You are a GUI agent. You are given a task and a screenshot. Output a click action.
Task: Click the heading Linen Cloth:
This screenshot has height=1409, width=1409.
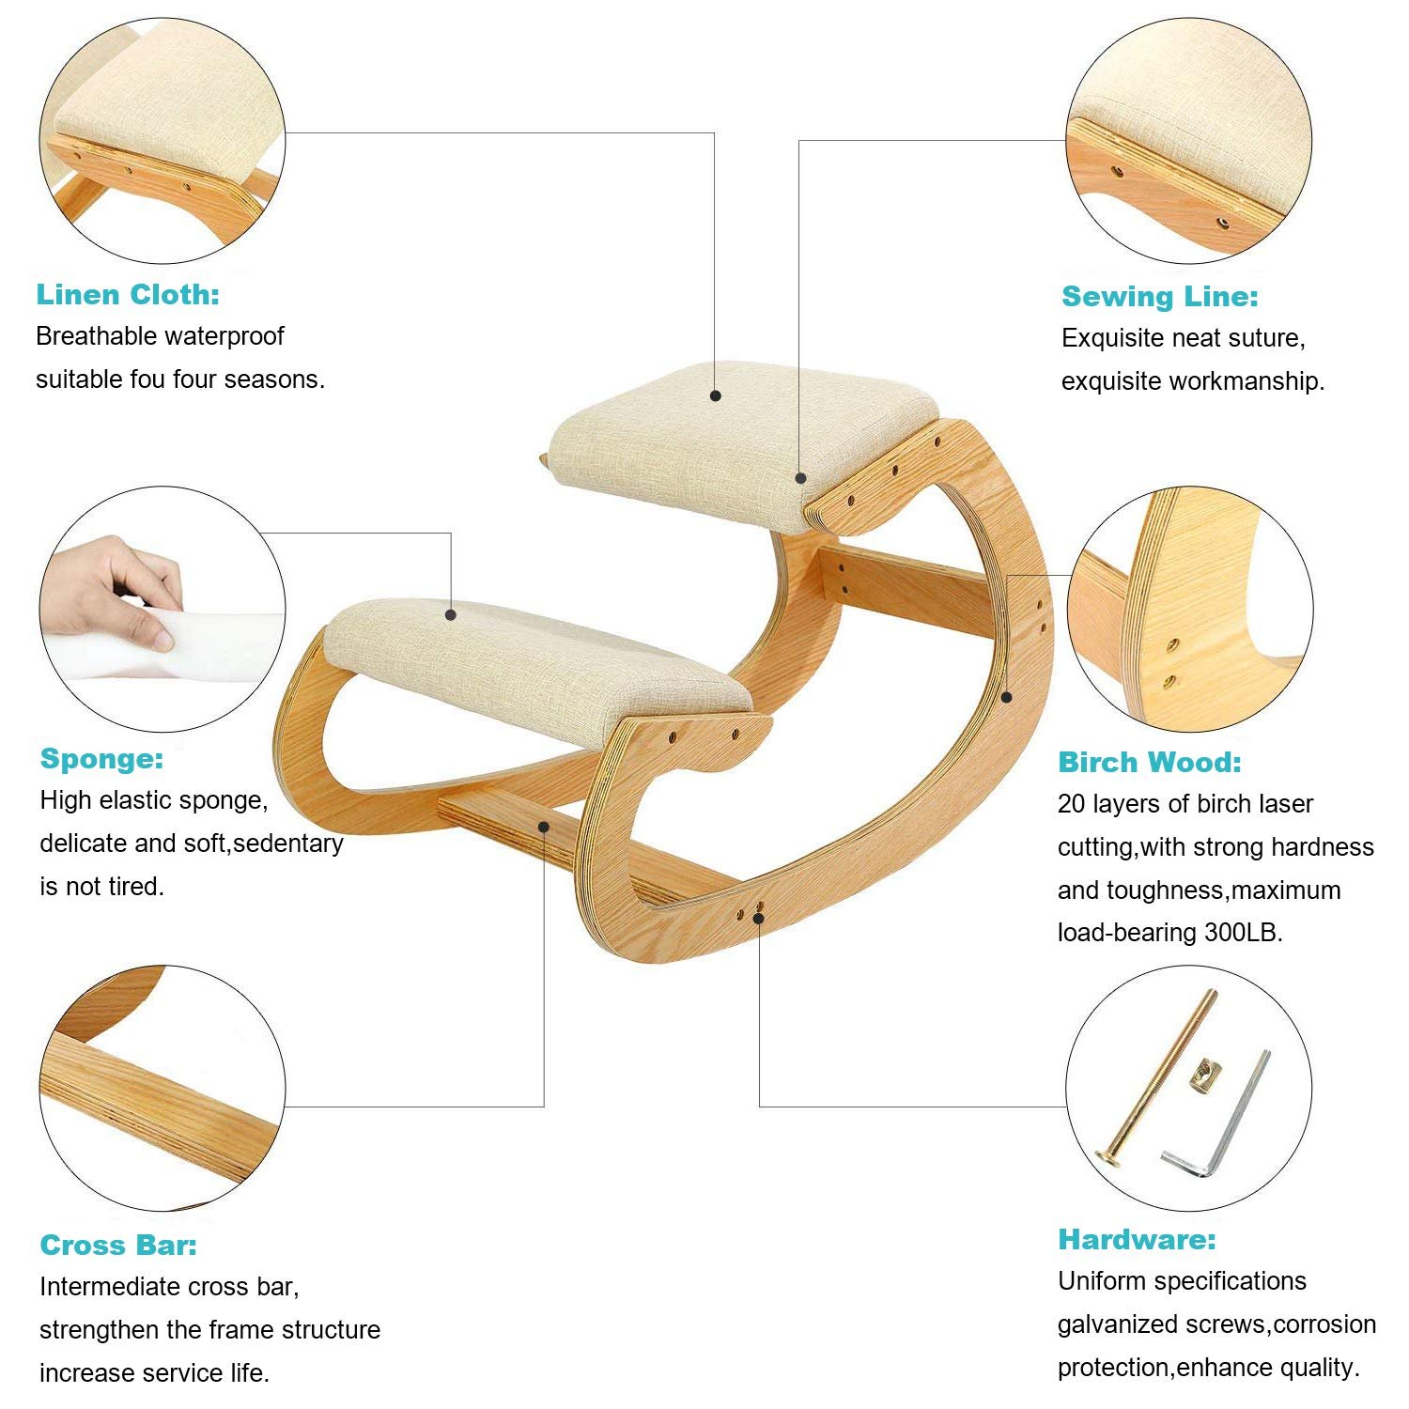[128, 295]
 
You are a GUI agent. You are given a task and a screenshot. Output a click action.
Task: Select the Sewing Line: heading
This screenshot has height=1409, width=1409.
[1160, 297]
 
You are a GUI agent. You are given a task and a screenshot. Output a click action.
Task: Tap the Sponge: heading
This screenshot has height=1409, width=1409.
[101, 759]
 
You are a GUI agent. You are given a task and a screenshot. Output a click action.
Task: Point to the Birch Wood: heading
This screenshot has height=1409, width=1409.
[1150, 762]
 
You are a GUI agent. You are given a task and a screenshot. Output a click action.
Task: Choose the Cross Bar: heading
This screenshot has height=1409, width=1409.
[118, 1246]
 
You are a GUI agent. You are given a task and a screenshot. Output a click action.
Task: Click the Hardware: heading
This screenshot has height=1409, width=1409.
[1137, 1240]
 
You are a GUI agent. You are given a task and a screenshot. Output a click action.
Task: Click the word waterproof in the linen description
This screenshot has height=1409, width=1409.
[226, 337]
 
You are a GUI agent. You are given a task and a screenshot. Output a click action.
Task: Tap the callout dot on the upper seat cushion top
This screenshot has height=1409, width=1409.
[716, 395]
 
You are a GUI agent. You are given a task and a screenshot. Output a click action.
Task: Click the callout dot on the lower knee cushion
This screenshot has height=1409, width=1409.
[451, 614]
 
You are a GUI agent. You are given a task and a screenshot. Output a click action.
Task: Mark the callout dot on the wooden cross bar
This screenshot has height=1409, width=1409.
[544, 826]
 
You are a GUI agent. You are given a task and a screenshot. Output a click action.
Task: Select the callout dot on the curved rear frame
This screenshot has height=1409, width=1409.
[1006, 697]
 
